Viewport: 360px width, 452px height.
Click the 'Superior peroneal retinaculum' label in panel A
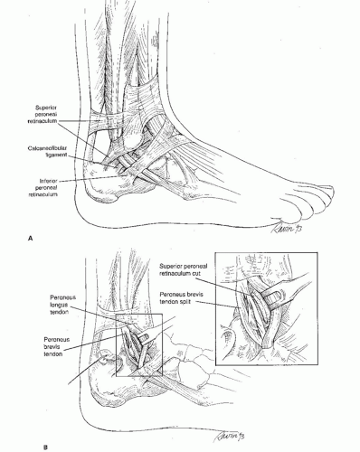[43, 114]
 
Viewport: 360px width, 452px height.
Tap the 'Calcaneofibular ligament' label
[47, 151]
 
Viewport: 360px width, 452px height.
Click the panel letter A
[30, 239]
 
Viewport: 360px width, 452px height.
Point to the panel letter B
[45, 447]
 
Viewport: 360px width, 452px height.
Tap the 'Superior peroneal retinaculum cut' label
[184, 269]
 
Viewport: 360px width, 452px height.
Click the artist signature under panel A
[286, 228]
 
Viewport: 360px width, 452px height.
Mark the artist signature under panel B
[228, 437]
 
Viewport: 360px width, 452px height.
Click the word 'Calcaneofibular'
[47, 148]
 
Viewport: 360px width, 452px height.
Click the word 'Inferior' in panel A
[48, 181]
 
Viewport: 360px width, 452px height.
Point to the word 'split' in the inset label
[185, 301]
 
